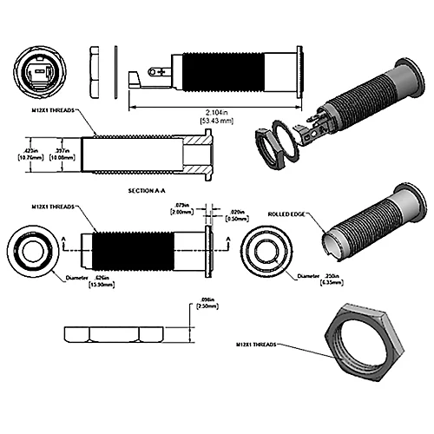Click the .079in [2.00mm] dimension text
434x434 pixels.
pos(181,209)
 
